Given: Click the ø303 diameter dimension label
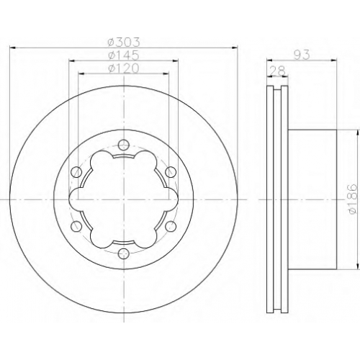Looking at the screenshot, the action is [123, 42].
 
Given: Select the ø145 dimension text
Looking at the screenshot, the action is [123, 55].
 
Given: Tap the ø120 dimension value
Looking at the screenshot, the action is [123, 68].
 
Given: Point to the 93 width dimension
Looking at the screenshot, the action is [302, 55].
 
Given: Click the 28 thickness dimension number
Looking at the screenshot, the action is [278, 71].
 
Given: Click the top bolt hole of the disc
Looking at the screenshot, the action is [124, 145].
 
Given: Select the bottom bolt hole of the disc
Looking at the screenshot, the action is [124, 253].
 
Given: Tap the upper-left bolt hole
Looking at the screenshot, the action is [76, 172].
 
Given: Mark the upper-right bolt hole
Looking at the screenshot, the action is [171, 172].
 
